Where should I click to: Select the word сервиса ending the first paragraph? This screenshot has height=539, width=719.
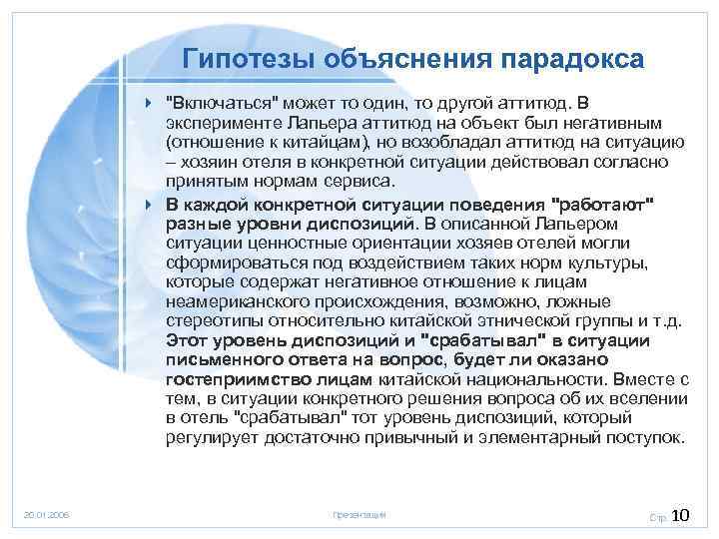364,181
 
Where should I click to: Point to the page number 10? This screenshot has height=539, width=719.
682,515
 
